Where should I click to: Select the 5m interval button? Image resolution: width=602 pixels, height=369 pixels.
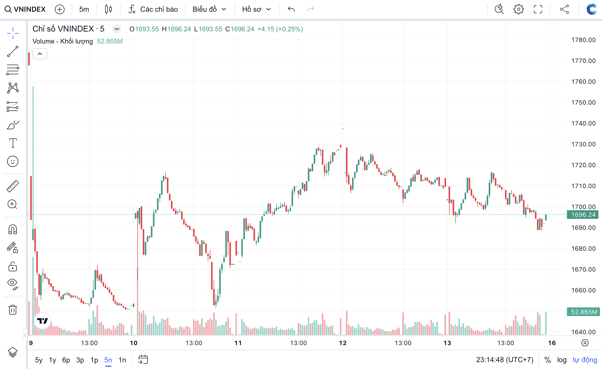(84, 9)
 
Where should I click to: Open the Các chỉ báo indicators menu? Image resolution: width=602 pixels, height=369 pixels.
(153, 9)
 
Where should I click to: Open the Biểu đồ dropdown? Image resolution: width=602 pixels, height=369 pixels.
(209, 9)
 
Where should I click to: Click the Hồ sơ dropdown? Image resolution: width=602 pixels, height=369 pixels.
(256, 9)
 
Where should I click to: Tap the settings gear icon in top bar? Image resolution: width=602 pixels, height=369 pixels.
(518, 9)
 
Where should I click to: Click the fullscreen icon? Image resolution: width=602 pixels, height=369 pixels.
(538, 9)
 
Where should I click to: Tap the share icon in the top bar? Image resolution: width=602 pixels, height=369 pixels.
(564, 9)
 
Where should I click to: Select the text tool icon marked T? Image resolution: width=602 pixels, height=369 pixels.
(13, 143)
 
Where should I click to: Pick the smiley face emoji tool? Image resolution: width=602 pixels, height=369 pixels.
(13, 161)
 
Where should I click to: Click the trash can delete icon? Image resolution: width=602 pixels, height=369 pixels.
(13, 310)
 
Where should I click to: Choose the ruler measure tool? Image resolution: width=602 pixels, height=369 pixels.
(13, 186)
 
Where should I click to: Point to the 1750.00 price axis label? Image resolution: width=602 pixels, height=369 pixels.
(583, 103)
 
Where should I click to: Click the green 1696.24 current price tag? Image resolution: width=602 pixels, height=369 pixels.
(583, 215)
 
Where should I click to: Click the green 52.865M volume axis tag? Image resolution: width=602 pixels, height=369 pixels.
(584, 312)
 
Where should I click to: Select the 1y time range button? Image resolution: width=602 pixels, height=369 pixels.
(53, 360)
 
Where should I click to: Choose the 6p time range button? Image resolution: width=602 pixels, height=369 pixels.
(66, 360)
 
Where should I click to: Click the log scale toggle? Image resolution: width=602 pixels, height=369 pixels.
(562, 360)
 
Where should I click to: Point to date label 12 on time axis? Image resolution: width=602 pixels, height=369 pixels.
(343, 343)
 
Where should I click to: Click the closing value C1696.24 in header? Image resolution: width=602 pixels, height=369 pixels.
(240, 29)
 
